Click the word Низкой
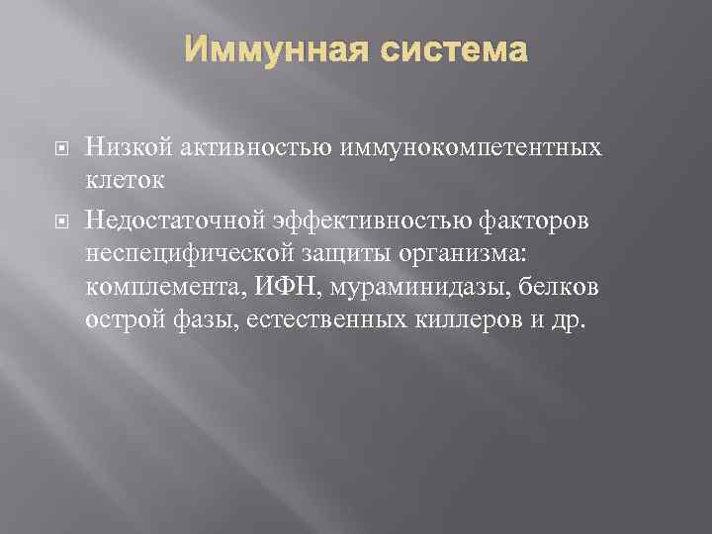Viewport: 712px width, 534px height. click(x=123, y=148)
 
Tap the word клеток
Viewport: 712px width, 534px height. click(x=126, y=179)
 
